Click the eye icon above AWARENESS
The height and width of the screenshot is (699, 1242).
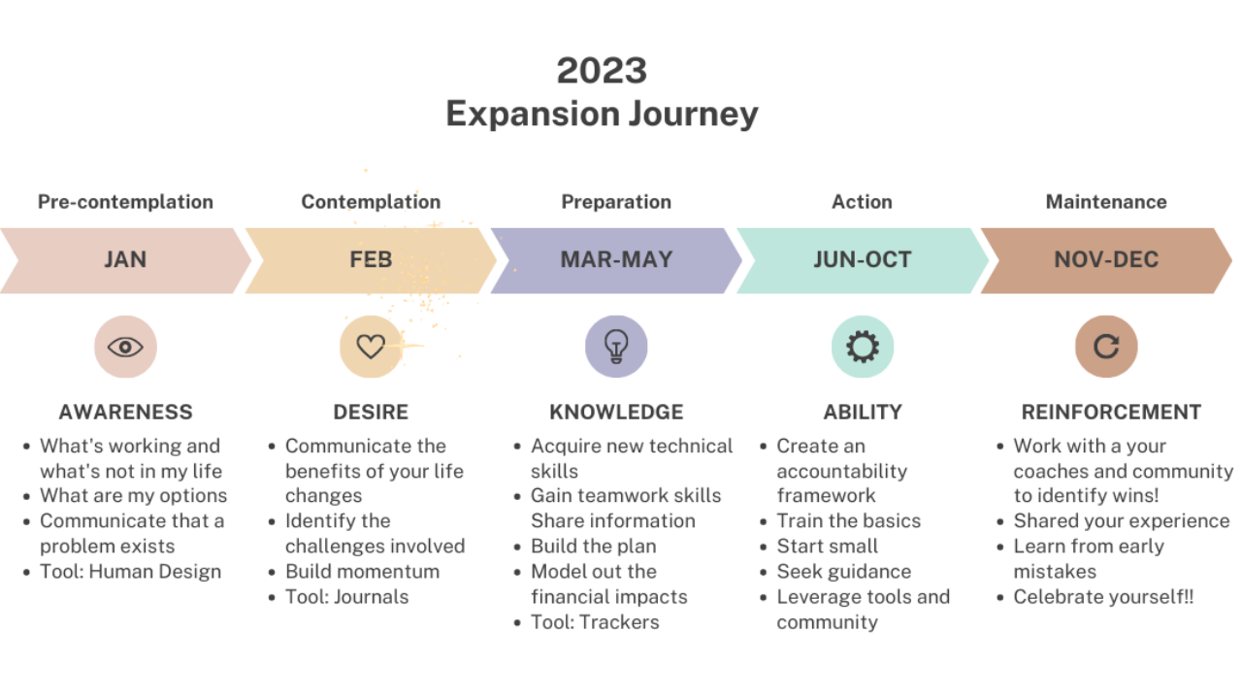click(125, 347)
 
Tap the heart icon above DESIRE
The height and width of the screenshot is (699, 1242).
click(371, 347)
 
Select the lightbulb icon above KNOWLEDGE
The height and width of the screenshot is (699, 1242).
click(616, 347)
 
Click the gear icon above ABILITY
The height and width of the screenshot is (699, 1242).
click(862, 347)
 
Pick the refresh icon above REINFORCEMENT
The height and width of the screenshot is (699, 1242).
click(1106, 347)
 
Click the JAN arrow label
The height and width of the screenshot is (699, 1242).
click(125, 260)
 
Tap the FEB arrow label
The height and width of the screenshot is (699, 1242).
click(371, 260)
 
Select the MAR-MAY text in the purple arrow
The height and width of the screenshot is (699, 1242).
click(616, 260)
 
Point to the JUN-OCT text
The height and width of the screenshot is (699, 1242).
click(862, 260)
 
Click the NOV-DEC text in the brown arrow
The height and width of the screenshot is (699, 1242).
click(1106, 260)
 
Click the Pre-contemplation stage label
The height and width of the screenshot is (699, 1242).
click(125, 202)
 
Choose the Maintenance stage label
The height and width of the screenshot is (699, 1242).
click(1106, 202)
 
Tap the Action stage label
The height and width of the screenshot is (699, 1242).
click(862, 202)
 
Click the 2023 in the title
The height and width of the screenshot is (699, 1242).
click(602, 71)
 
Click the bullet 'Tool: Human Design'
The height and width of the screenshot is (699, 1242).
click(130, 571)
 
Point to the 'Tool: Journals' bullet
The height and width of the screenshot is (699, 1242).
click(346, 596)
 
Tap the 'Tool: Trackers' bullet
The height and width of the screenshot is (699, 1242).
click(595, 622)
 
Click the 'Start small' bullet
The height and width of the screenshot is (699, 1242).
click(827, 546)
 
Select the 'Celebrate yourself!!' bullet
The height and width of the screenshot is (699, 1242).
click(1103, 596)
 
